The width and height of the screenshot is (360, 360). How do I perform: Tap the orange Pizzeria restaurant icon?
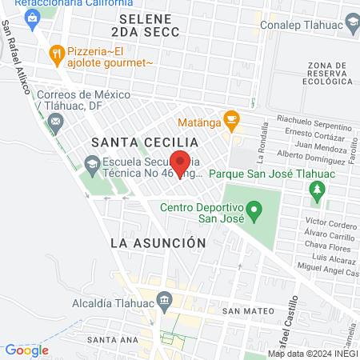click(x=56, y=54)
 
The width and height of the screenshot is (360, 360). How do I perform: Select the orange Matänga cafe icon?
click(x=231, y=122)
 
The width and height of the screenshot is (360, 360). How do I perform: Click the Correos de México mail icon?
click(x=56, y=122)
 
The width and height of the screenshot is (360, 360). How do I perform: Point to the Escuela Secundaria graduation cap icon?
click(x=90, y=163)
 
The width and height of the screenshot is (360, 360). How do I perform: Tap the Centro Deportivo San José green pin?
click(x=254, y=213)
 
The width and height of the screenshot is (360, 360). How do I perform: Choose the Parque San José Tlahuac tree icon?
click(x=318, y=190)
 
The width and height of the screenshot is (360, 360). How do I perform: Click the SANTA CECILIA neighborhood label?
click(x=133, y=142)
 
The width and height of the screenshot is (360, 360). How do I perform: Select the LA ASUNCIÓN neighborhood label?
click(x=158, y=242)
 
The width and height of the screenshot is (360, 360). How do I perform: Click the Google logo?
click(x=26, y=350)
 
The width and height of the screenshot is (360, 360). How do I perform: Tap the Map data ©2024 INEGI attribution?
click(x=311, y=354)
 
